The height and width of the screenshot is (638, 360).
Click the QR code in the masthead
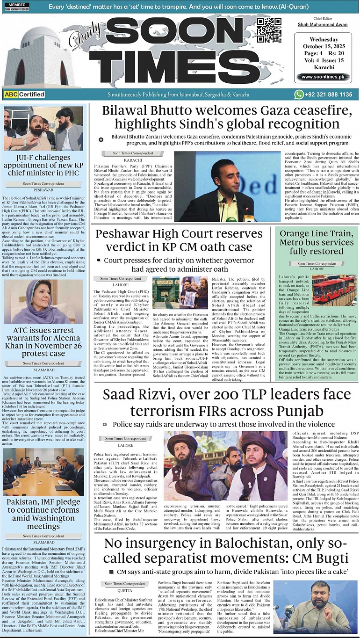tap(272, 30)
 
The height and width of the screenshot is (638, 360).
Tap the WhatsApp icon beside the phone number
tap(299, 94)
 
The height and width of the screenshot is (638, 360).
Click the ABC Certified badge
tap(24, 94)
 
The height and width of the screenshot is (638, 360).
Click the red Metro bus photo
tap(334, 290)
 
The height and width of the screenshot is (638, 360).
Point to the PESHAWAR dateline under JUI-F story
tap(43, 190)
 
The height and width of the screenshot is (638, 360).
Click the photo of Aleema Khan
tap(43, 302)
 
